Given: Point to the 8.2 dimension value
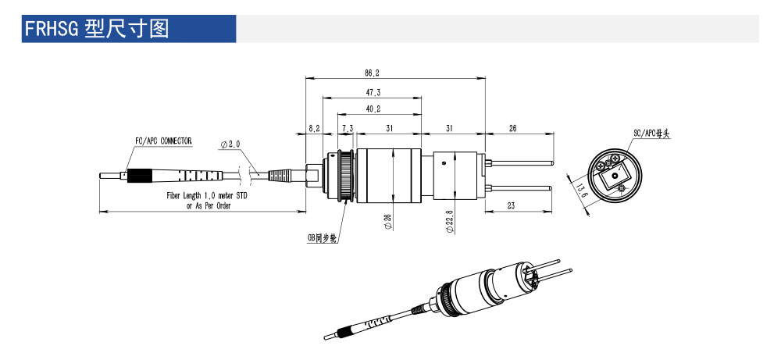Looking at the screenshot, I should (x=314, y=127).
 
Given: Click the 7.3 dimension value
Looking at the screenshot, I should (x=346, y=127).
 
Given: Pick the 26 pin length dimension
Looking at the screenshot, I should (x=512, y=127).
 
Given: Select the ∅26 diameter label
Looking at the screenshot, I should (x=388, y=223).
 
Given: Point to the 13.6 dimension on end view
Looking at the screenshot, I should (x=579, y=190).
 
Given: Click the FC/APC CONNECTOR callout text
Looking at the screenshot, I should (x=163, y=141).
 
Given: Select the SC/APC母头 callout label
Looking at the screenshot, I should (x=652, y=134).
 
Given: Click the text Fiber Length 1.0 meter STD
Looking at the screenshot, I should (x=206, y=195).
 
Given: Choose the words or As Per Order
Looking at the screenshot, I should (x=206, y=205).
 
